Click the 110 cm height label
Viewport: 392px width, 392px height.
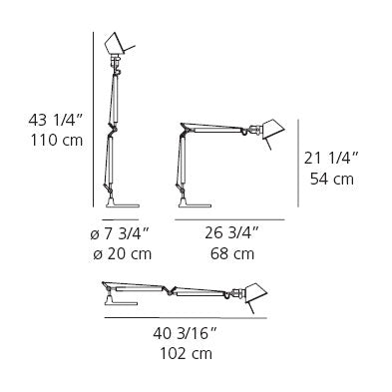[57, 140]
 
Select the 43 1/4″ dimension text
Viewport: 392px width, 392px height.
[55, 120]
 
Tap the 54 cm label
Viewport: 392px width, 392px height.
[332, 179]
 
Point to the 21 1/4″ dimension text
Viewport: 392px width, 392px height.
[331, 159]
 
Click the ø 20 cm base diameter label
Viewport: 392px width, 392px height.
[123, 254]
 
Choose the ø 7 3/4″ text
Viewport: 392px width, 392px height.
[119, 234]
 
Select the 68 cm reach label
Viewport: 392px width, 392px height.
[232, 254]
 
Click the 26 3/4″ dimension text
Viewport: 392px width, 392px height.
[231, 233]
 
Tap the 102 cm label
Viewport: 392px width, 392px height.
[187, 353]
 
